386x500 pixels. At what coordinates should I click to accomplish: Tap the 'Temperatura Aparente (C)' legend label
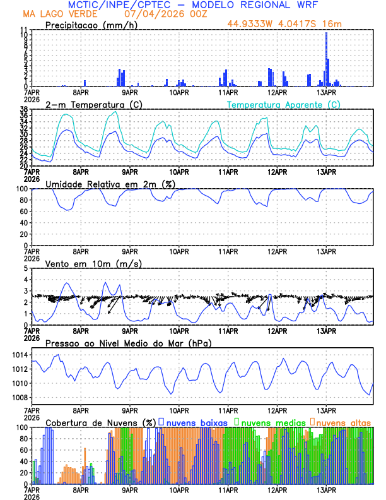tap(283, 104)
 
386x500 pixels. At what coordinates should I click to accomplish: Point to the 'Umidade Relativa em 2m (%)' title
tap(109, 184)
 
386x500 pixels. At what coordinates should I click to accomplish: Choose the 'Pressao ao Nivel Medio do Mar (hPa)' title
tap(128, 343)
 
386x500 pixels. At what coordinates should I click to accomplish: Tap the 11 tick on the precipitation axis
tap(24, 30)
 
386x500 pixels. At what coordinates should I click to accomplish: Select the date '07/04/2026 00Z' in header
tap(161, 13)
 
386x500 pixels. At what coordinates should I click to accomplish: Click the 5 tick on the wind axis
tap(26, 268)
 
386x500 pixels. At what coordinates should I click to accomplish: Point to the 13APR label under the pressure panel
tap(326, 408)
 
